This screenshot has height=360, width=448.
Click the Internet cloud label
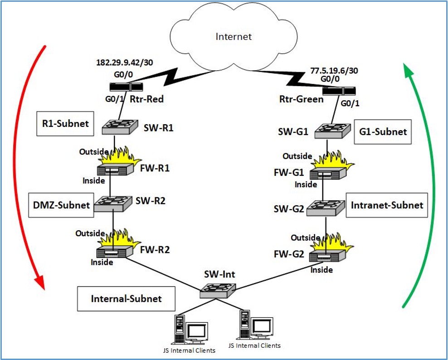coord(234,36)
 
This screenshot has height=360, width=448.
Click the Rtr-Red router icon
coord(127,87)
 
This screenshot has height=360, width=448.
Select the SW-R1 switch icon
coord(119,126)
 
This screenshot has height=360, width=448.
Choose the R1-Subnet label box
coord(65,123)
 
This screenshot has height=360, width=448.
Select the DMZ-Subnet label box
coord(60,205)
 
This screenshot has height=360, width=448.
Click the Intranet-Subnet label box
coord(387,205)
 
